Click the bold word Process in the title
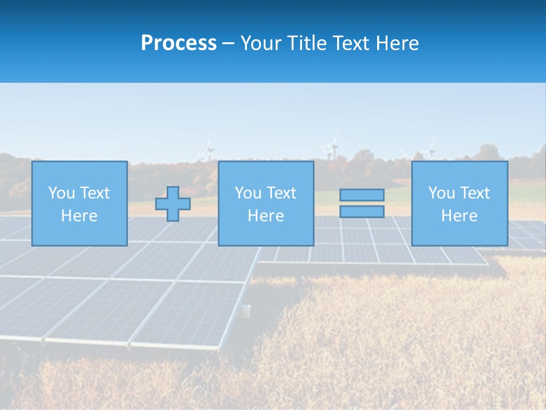pos(179,43)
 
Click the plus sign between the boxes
pos(173,204)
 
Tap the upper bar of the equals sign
pos(362,195)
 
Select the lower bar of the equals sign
pos(362,211)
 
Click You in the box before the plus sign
pos(61,193)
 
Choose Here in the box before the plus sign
pos(79,216)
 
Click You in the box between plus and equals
pos(248,193)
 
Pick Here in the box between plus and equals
pos(266,216)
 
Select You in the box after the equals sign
pos(441,193)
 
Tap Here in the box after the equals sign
pos(459,216)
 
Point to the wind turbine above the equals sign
pos(332,146)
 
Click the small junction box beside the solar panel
pos(246,310)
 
